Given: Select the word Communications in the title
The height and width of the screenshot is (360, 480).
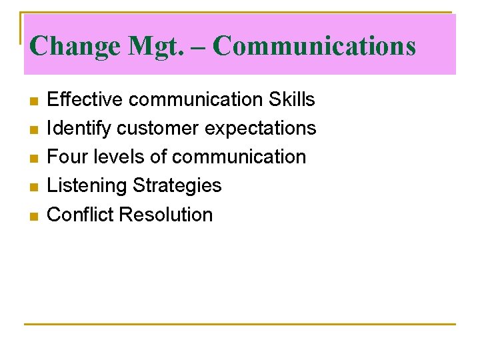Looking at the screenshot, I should point(315,46).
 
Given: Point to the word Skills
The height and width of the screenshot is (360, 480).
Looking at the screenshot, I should point(291,99).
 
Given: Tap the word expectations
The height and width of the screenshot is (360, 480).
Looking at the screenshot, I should point(260,128).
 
